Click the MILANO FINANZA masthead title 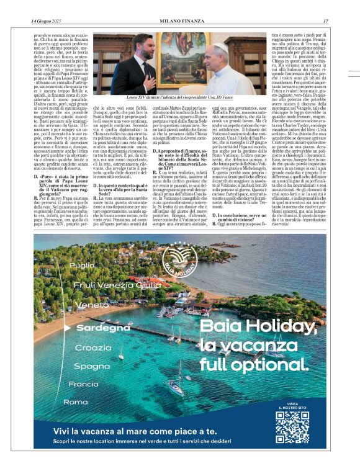[179, 21]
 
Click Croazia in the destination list [93, 348]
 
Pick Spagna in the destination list [91, 367]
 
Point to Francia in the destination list [83, 385]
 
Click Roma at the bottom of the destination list [75, 402]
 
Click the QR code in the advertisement [292, 426]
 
